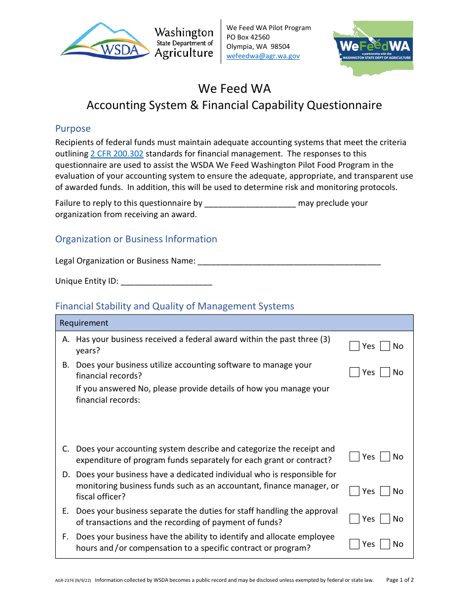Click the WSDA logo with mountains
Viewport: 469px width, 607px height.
coord(105,42)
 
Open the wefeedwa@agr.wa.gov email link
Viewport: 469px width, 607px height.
coord(263,56)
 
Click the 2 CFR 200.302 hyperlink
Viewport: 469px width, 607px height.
coord(117,153)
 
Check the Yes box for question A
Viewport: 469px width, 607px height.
coord(354,346)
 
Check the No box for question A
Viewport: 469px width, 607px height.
coord(385,346)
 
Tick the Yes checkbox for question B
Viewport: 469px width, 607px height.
coord(354,373)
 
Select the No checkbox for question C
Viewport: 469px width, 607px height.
coord(385,457)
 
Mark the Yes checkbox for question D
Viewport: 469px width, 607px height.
coord(354,492)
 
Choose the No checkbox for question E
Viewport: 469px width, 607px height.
coord(385,519)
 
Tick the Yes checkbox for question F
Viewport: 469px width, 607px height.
coord(354,544)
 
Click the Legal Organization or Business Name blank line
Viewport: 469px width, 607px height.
coord(289,262)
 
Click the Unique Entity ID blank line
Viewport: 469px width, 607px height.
coord(166,282)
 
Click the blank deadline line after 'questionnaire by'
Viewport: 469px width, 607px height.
coord(250,204)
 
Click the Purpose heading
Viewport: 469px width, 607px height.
coord(73,129)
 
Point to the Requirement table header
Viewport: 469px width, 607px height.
coord(84,323)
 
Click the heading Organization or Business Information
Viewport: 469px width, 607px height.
coord(136,239)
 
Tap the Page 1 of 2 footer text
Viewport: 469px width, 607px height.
coord(400,580)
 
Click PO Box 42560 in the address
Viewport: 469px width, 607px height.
coord(248,38)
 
